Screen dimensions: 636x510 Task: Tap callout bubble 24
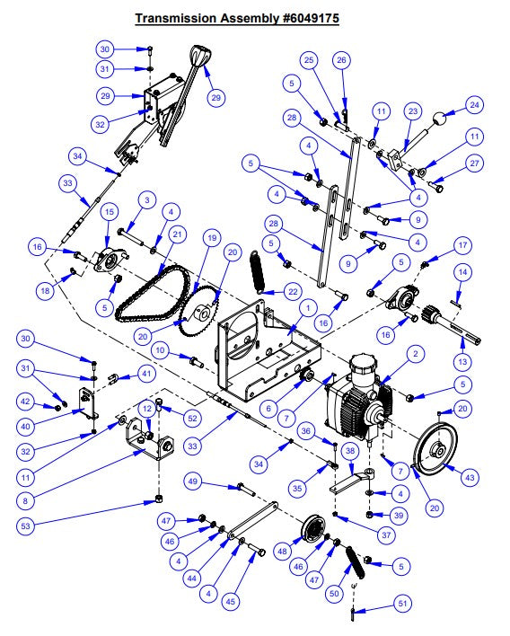pyautogui.click(x=475, y=107)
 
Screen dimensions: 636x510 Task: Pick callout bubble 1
pyautogui.click(x=308, y=307)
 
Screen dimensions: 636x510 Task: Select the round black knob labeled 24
pyautogui.click(x=439, y=118)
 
